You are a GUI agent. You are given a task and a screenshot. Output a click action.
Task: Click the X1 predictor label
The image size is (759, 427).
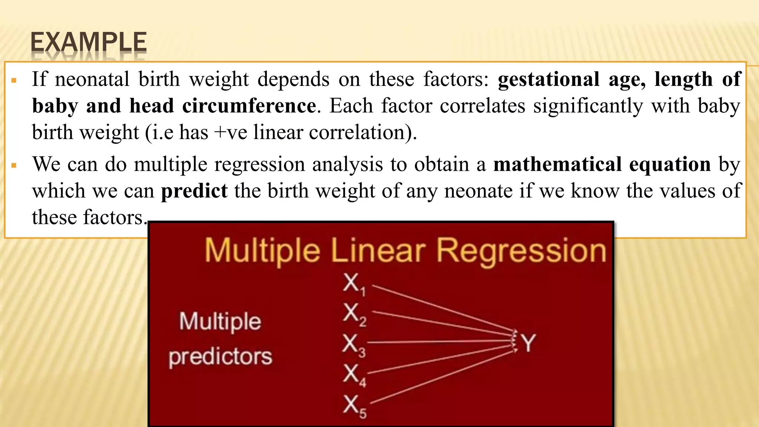tap(354, 284)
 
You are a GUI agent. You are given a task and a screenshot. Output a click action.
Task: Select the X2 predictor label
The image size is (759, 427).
tap(354, 314)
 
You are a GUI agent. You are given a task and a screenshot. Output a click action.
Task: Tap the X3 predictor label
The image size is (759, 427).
tap(354, 345)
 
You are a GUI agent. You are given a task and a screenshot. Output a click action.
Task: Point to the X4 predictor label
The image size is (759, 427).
tap(354, 375)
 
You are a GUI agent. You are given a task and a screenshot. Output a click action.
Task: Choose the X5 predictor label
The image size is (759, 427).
tap(354, 406)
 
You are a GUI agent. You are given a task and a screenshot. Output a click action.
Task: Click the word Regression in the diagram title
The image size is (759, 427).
tap(521, 251)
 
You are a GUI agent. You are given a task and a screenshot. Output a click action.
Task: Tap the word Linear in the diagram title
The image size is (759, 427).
tap(378, 251)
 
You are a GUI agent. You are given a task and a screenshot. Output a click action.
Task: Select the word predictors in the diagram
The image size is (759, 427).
tap(220, 357)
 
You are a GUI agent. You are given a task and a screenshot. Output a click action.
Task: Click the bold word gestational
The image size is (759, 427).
tap(548, 80)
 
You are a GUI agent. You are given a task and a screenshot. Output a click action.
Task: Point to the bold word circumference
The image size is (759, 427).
tap(249, 106)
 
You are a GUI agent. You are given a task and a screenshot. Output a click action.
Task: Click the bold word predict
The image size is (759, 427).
tap(194, 191)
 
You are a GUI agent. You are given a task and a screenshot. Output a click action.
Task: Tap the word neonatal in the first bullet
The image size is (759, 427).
tap(92, 79)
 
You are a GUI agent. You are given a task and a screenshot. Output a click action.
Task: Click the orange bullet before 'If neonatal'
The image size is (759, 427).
tap(14, 80)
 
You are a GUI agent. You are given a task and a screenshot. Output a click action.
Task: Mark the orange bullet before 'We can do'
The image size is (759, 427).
tap(14, 165)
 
